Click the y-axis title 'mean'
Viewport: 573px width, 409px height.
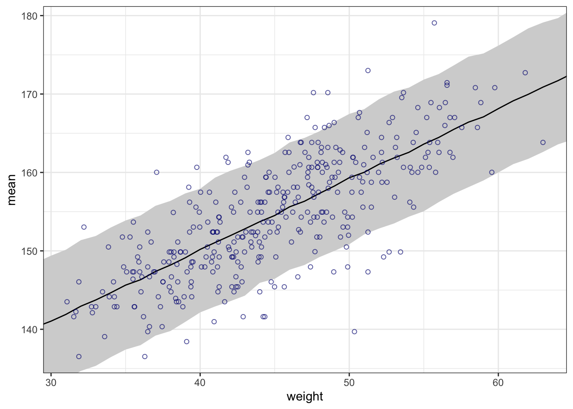(x=12, y=189)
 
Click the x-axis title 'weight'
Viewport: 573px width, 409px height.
(x=305, y=397)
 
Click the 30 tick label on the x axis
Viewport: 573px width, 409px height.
(x=51, y=383)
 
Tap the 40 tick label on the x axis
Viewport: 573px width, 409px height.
(x=200, y=383)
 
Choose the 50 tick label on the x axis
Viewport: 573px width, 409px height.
(x=349, y=383)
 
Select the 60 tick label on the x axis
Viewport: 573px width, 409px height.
(x=498, y=383)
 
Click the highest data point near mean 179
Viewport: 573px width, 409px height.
(x=434, y=23)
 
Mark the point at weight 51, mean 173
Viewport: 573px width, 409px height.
(x=368, y=71)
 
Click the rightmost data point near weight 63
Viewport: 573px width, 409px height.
(x=543, y=142)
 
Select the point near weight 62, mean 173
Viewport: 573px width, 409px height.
(x=525, y=73)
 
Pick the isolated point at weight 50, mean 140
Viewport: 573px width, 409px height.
(x=354, y=331)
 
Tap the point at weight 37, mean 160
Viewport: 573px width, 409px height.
(x=156, y=172)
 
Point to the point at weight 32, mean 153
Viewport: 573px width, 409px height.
(x=84, y=227)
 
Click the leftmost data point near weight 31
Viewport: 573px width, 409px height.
(x=67, y=302)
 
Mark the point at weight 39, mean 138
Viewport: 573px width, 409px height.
(x=186, y=341)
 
